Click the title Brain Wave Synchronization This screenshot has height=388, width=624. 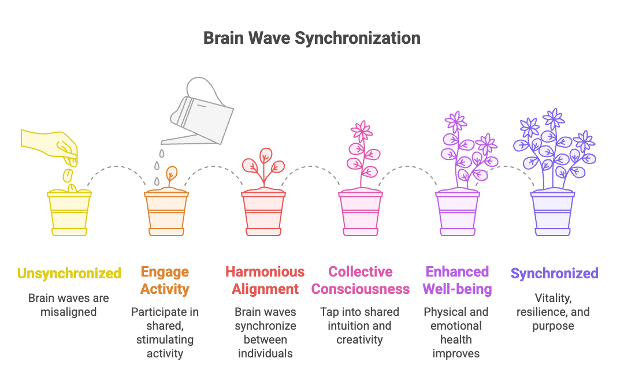[x=311, y=39]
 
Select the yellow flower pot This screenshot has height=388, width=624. [x=69, y=214]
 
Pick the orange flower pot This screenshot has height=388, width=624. [x=166, y=214]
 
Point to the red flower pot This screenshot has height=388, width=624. [x=263, y=214]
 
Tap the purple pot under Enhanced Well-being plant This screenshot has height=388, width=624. [x=457, y=214]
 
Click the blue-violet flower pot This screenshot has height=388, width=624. [x=553, y=214]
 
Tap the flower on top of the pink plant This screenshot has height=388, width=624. [x=362, y=131]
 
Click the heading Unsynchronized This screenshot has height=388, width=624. [x=69, y=273]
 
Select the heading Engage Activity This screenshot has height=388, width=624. [x=165, y=280]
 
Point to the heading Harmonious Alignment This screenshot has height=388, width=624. [x=265, y=280]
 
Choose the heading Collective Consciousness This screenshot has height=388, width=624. [x=361, y=280]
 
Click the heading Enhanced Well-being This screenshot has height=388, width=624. [x=458, y=280]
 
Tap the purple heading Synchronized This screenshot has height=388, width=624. [x=554, y=273]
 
